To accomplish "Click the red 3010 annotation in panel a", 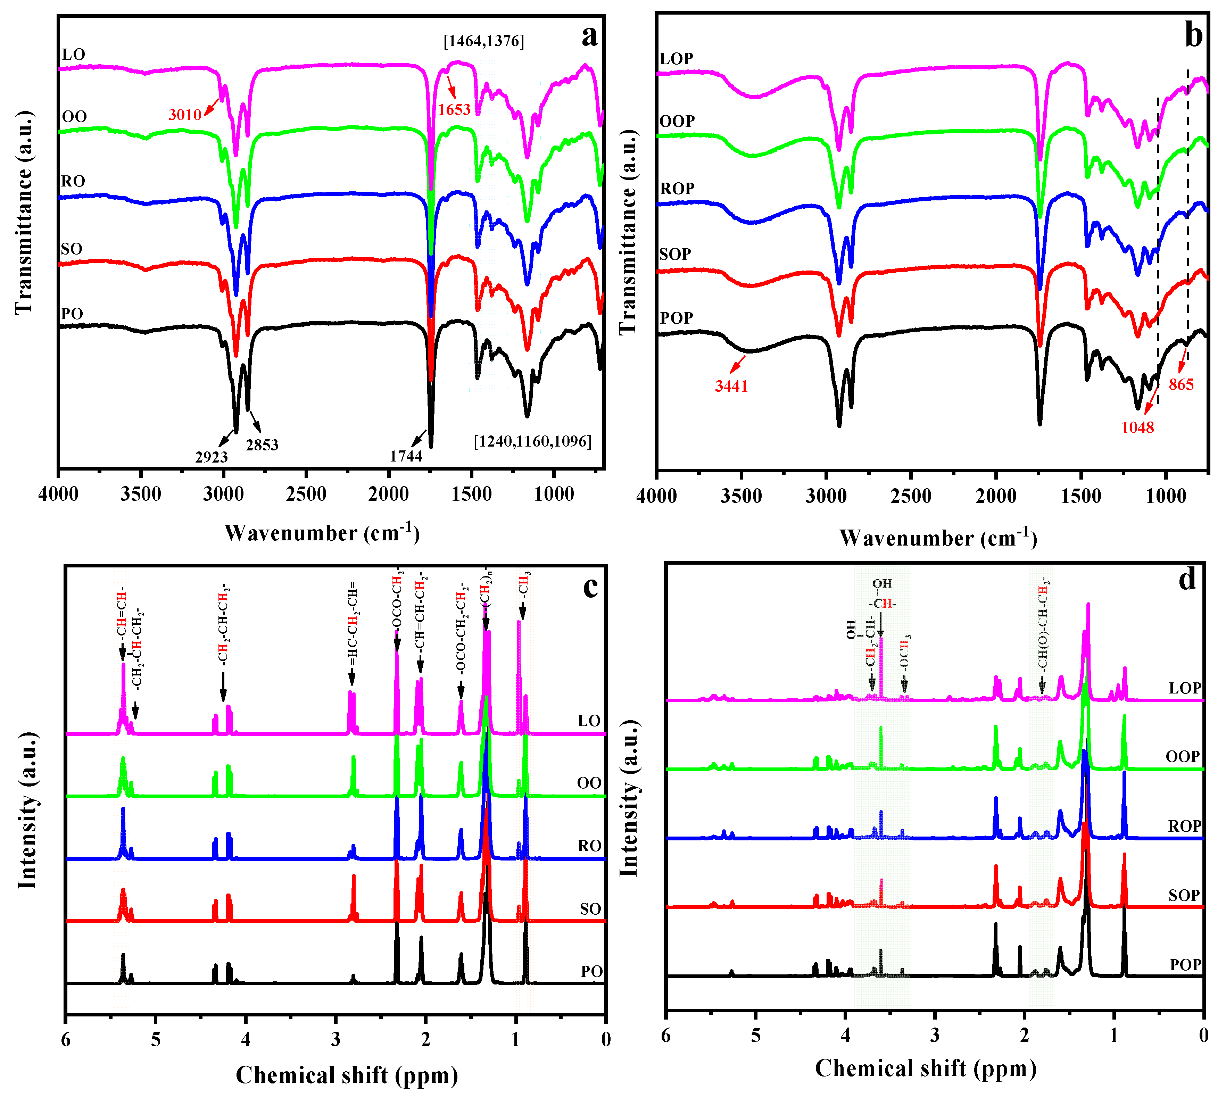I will point(184,115).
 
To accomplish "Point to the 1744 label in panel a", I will point(406,456).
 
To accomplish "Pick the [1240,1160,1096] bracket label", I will point(532,441).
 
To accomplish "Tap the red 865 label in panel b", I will point(1181,384).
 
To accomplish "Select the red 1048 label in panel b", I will point(1137,427).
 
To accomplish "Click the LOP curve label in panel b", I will point(676,58).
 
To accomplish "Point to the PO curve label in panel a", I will point(72,314).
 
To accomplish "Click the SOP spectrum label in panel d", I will point(1184,895).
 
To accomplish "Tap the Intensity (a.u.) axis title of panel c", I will point(27,811).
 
